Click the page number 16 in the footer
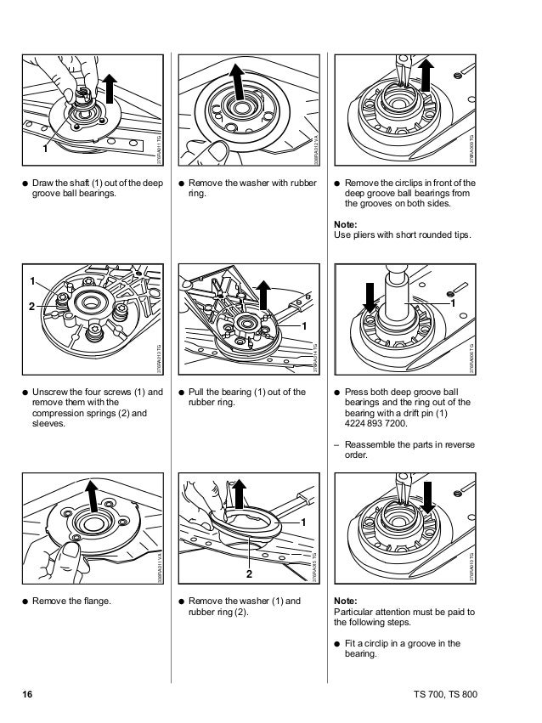click(x=27, y=694)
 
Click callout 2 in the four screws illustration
click(x=32, y=304)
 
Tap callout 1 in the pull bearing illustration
click(x=303, y=326)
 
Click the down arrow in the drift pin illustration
click(x=371, y=297)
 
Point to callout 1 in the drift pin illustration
click(x=453, y=302)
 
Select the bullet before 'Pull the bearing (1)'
click(x=183, y=393)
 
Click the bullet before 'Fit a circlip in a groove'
click(x=339, y=644)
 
